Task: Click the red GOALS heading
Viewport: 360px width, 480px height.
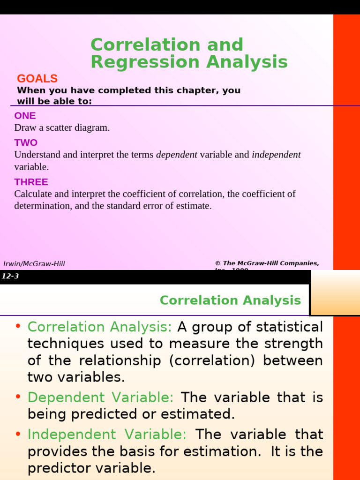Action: click(x=37, y=79)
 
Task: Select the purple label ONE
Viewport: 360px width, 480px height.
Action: click(x=25, y=116)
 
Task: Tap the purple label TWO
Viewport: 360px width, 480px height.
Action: click(x=26, y=143)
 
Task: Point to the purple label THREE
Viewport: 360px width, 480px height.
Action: click(x=31, y=182)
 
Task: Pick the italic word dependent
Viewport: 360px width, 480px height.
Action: click(x=177, y=155)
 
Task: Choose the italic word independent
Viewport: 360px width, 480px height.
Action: click(x=276, y=155)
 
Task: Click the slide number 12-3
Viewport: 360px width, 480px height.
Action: click(x=10, y=276)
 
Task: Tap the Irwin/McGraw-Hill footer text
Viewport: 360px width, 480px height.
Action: click(x=34, y=264)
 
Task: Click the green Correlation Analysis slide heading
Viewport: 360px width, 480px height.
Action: click(x=230, y=300)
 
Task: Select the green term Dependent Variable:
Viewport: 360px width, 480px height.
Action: click(x=100, y=397)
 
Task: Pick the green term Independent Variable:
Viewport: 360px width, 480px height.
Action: click(x=107, y=435)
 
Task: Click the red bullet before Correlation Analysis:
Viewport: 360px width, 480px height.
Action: click(x=18, y=326)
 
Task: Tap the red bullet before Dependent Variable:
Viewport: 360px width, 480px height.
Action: click(x=18, y=397)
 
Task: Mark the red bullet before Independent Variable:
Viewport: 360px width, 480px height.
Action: click(x=18, y=434)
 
